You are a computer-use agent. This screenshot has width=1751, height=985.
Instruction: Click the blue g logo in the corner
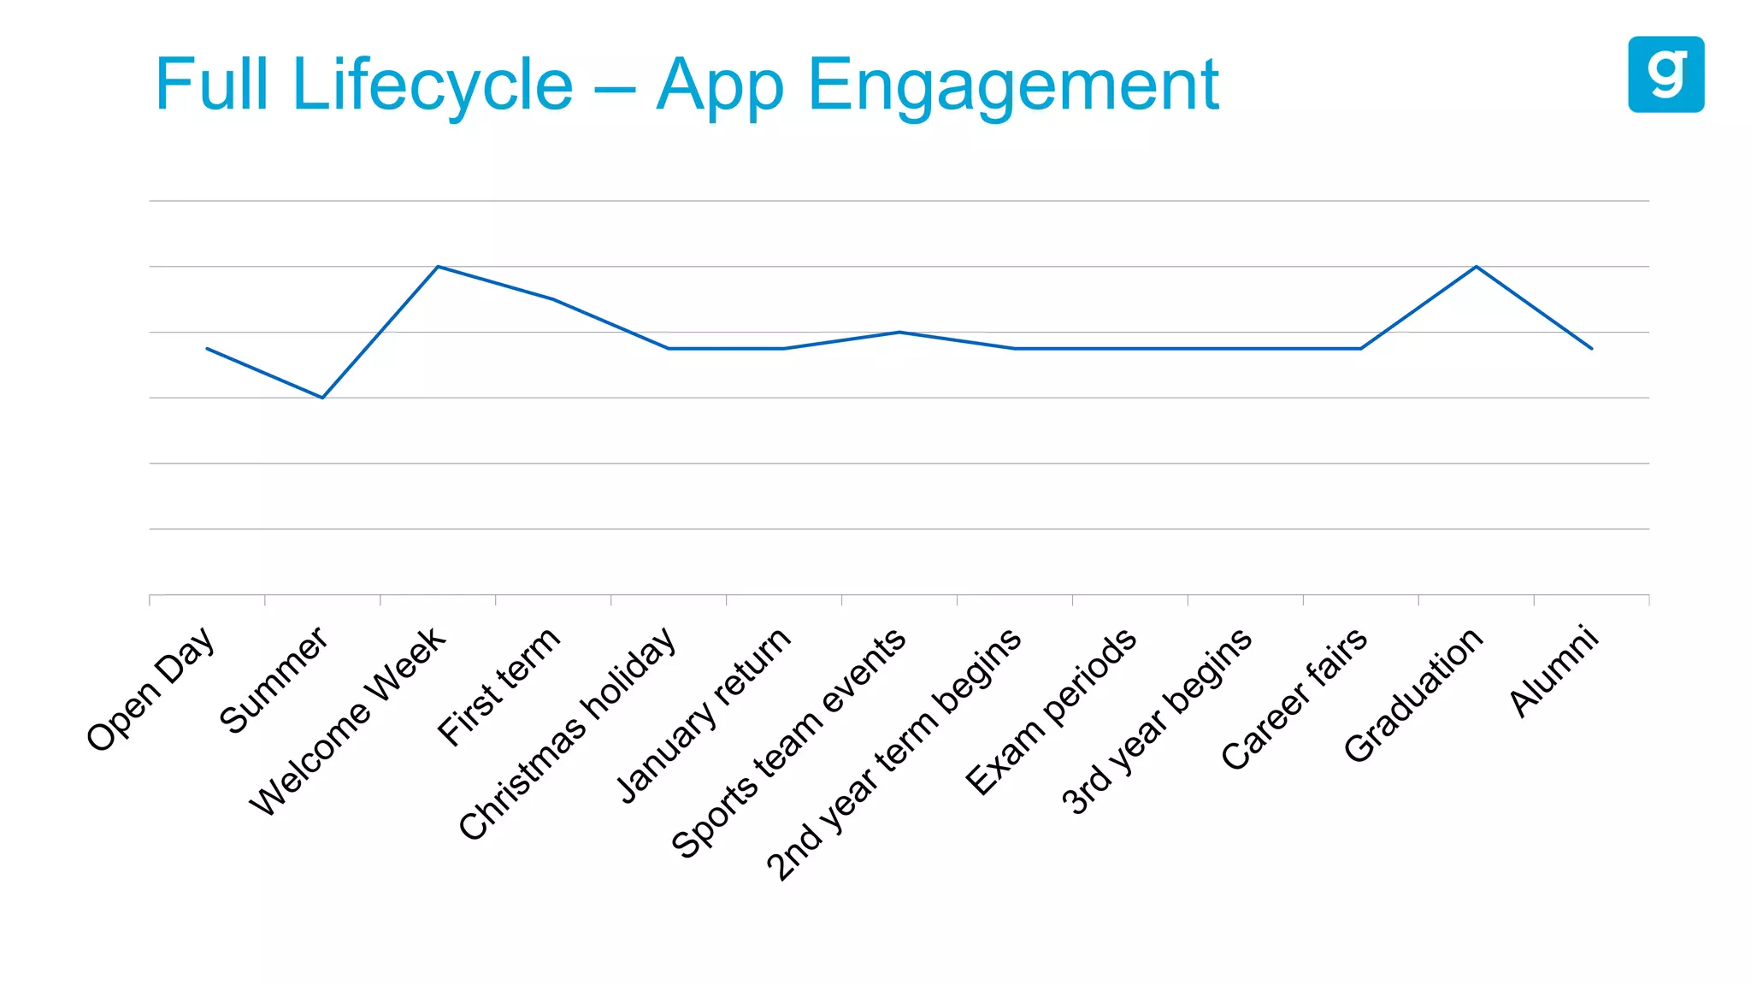click(1666, 74)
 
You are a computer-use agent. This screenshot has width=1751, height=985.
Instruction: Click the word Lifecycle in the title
click(432, 85)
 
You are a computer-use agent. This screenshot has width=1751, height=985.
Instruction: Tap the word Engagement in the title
click(1012, 85)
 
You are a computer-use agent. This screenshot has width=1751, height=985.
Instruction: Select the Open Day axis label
click(150, 689)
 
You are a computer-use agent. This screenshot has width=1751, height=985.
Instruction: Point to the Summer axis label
click(274, 680)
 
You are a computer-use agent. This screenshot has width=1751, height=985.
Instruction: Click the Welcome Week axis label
click(347, 722)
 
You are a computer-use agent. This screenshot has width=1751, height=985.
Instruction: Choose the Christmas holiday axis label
click(568, 734)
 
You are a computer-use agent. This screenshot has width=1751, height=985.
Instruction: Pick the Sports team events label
click(788, 743)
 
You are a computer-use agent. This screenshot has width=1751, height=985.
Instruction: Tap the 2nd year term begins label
click(893, 754)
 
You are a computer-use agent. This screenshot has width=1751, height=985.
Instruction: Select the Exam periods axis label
click(1051, 712)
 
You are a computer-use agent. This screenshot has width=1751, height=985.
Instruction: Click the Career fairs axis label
click(1294, 699)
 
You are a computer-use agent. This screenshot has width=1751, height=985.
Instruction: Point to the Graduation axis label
click(1413, 694)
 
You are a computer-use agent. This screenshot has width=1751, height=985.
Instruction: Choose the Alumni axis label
click(1553, 671)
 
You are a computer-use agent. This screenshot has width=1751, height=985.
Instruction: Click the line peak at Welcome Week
click(438, 267)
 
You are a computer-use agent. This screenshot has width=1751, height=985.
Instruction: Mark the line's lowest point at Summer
click(322, 398)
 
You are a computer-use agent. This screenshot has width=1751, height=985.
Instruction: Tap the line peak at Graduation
click(1477, 267)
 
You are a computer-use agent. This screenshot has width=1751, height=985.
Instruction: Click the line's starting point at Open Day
click(207, 348)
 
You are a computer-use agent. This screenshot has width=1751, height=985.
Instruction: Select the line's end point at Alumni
click(1591, 348)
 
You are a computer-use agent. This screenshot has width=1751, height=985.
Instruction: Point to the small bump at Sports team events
click(899, 332)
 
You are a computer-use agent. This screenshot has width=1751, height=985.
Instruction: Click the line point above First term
click(553, 299)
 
